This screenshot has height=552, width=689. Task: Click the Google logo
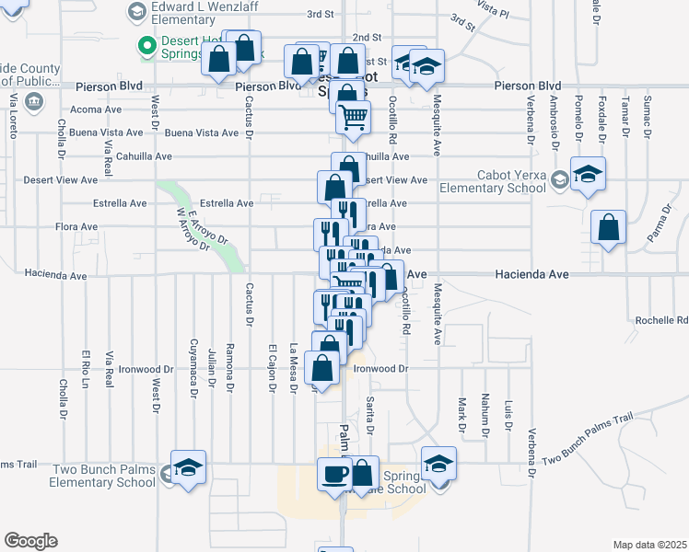[x=30, y=541]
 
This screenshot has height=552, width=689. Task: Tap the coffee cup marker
[x=333, y=475]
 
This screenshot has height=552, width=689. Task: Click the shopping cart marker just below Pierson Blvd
[x=353, y=118]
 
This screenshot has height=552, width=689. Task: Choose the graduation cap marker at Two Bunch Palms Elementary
[x=188, y=467]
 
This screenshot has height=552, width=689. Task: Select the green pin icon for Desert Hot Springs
[x=146, y=45]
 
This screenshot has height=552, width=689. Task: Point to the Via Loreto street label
[x=13, y=115]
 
